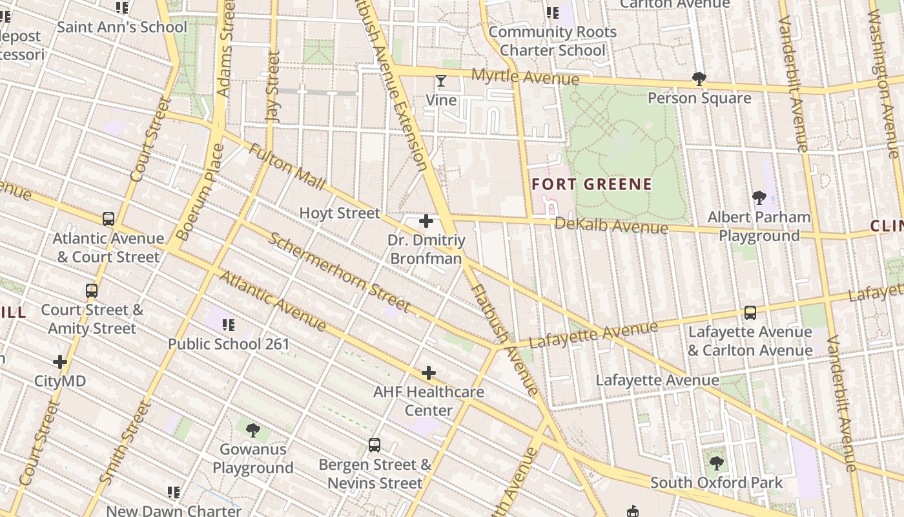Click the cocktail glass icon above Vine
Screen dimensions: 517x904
[x=441, y=81]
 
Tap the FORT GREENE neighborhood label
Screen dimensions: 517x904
[x=591, y=184]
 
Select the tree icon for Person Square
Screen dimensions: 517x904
[x=699, y=79]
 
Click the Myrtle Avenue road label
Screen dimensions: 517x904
[x=525, y=76]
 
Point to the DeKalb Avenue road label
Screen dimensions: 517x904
[x=611, y=226]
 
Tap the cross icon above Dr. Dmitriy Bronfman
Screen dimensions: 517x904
[x=426, y=222]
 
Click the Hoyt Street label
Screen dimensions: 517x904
[x=340, y=213]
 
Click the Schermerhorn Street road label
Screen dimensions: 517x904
[x=339, y=271]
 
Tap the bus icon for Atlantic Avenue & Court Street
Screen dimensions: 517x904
[x=108, y=219]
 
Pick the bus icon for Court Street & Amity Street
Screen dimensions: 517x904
[x=92, y=291]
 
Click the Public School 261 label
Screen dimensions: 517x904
[x=229, y=344]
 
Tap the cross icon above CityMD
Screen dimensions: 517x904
[x=60, y=362]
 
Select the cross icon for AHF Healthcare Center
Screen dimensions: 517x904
[x=429, y=373]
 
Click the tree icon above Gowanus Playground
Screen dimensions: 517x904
[x=253, y=430]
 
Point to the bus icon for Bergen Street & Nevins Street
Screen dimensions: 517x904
[x=375, y=445]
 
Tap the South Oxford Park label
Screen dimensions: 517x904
[x=716, y=483]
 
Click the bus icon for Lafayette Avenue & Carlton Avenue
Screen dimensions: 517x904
[x=750, y=313]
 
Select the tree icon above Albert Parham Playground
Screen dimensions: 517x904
[x=759, y=198]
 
